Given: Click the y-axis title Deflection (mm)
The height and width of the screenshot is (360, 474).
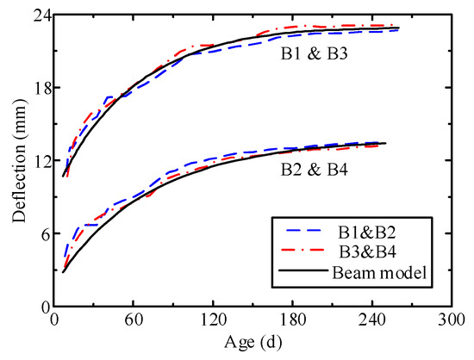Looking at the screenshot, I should pyautogui.click(x=16, y=161).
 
